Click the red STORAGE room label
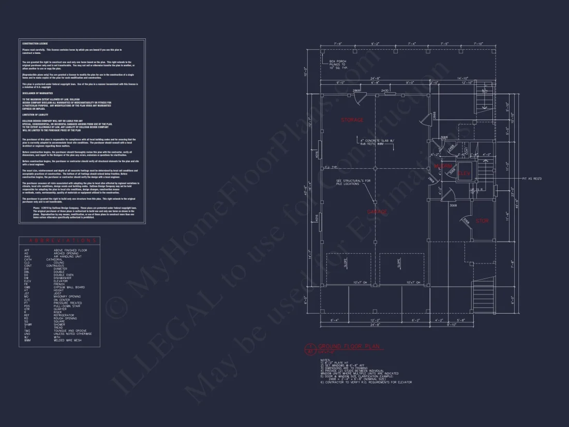[352, 120]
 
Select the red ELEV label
[464, 174]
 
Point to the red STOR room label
[482, 221]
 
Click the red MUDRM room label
[443, 166]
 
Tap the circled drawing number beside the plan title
[310, 348]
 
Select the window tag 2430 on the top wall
[385, 91]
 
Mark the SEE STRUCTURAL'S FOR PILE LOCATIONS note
[353, 182]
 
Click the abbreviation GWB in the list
[26, 287]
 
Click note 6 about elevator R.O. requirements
[366, 382]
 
